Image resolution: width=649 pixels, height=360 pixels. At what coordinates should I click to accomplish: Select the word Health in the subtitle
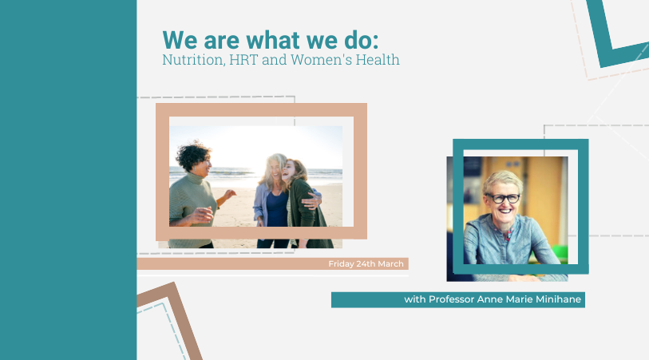point(378,60)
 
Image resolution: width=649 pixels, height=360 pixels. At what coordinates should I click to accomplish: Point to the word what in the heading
point(273,41)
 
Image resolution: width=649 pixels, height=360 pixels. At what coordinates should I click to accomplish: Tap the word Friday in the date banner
point(341,264)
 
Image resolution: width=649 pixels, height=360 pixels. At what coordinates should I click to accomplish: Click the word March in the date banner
point(390,263)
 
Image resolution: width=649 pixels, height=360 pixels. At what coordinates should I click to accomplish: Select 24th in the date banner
point(366,263)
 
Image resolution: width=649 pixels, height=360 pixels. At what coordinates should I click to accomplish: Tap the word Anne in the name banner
point(487,299)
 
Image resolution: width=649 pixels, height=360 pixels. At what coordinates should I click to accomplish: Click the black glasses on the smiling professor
point(503,198)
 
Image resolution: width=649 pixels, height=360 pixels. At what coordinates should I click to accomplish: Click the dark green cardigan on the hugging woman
point(307,211)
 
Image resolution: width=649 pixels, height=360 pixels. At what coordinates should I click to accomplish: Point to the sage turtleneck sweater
point(191,207)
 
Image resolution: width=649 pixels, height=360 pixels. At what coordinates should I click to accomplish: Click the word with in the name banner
point(415,299)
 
